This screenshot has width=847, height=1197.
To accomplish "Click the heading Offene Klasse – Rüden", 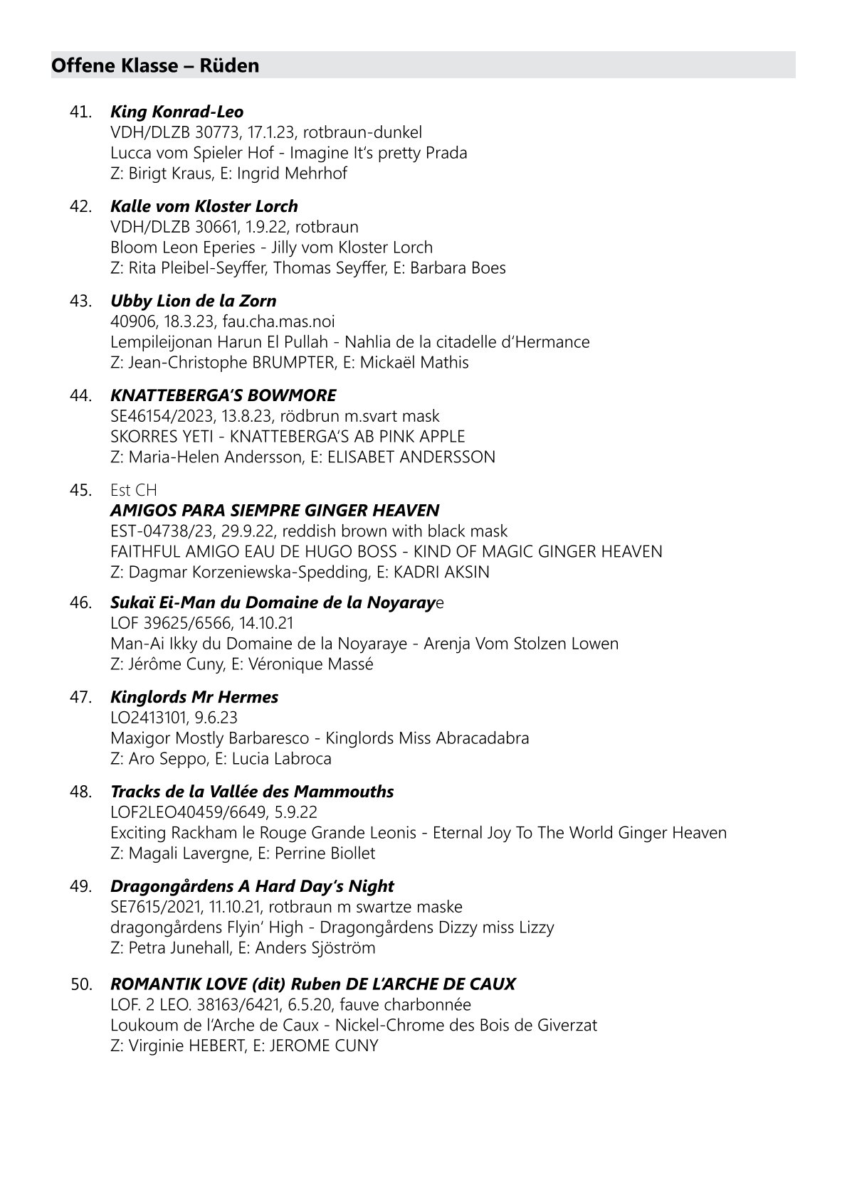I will coord(155,66).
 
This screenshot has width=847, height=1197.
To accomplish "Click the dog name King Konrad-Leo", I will coord(177,112).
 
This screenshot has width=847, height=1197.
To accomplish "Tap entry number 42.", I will coord(80,206).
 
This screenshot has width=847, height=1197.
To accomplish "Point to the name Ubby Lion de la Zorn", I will coord(193,301).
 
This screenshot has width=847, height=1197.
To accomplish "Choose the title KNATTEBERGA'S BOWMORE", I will coord(223,395).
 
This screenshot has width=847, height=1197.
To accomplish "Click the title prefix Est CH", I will coord(134,490).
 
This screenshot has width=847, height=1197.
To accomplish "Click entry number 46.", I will coord(80,603).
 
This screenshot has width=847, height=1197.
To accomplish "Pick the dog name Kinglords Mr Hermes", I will coord(194,697).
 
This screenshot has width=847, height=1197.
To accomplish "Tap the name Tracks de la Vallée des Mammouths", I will coord(252,792).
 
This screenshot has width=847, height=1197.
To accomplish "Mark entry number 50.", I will coord(81,984).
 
